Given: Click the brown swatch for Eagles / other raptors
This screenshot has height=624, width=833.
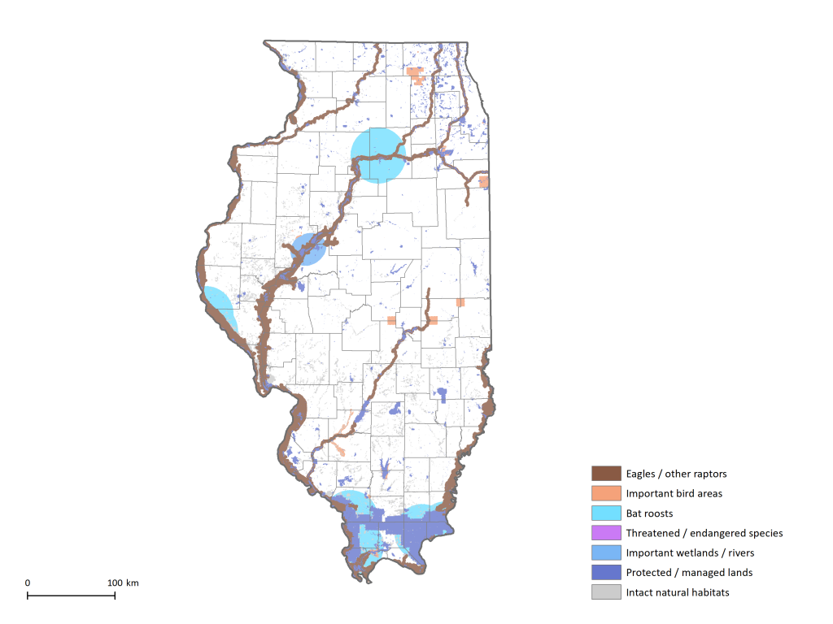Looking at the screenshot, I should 605,474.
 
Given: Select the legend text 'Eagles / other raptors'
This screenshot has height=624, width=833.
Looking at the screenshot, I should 676,474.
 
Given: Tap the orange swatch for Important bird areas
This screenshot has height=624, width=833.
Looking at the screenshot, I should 605,493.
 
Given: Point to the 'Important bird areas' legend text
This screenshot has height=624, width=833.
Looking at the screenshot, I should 674,493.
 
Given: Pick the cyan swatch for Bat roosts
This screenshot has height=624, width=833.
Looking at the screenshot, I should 605,513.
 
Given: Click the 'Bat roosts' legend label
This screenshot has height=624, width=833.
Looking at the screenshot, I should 649,513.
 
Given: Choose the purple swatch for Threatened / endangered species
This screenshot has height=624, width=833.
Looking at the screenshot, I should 605,533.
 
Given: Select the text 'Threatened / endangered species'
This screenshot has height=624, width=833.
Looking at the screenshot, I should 704,533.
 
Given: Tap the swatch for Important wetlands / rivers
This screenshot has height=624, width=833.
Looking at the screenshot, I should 605,552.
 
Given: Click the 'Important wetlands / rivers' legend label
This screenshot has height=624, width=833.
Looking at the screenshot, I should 690,552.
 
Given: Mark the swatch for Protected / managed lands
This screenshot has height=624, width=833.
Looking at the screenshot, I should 605,573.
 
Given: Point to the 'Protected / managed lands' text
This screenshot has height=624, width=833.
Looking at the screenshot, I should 689,573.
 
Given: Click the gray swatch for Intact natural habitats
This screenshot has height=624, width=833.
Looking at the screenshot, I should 605,592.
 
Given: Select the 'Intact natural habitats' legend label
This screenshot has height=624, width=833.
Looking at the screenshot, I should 678,592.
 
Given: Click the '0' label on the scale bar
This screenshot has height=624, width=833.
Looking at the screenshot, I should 28,583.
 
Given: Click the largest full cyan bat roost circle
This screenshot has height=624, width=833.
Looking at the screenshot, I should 377,155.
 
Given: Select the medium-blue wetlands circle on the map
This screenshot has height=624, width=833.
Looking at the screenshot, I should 308,249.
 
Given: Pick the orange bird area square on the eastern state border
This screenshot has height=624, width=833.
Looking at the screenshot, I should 484,181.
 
